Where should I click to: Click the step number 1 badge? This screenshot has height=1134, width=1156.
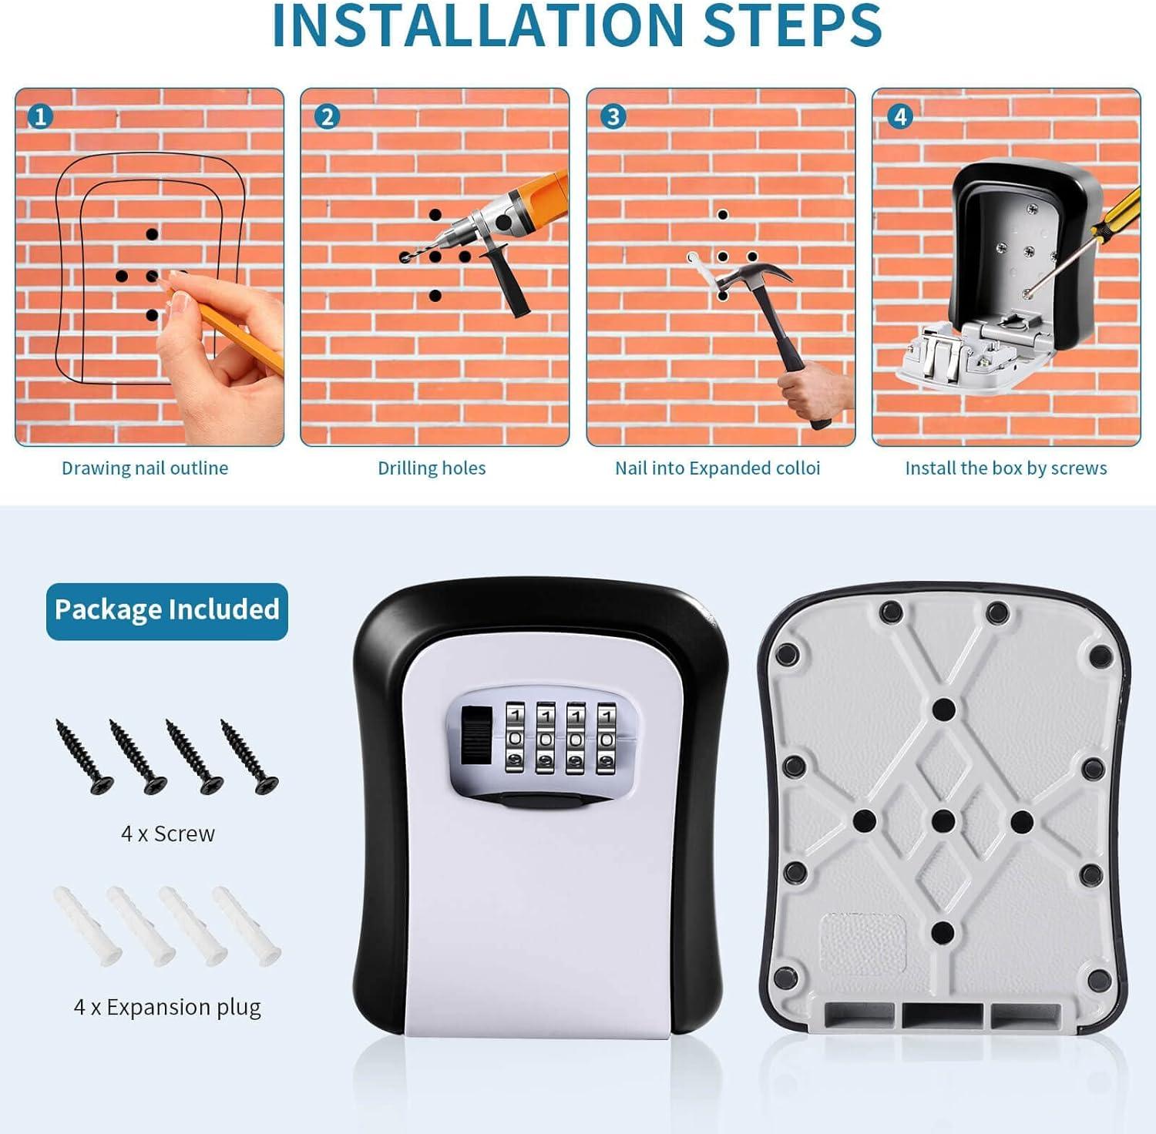coord(40,116)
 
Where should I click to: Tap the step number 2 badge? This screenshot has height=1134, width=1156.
coord(327,116)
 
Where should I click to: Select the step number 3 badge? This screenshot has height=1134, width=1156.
coord(613,116)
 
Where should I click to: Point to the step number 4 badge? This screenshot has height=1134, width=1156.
coord(899,116)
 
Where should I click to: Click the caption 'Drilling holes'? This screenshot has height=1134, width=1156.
coord(432,468)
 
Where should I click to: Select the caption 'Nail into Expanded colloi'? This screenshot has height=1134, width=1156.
coord(717,468)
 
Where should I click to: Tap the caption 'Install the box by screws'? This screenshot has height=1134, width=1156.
coord(1006,468)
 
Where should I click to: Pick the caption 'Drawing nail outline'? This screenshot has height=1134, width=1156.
coord(145,468)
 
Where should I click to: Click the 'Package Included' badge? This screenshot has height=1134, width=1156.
coord(167,610)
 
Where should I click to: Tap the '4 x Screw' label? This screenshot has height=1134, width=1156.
coord(168,834)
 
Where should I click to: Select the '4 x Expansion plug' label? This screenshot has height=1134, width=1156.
coord(167,1007)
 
